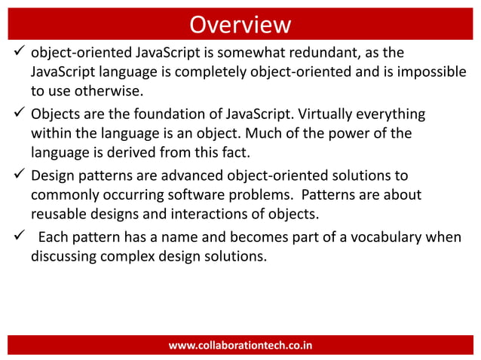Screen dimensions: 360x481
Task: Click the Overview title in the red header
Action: click(240, 24)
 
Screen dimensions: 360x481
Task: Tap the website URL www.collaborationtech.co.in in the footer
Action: click(240, 346)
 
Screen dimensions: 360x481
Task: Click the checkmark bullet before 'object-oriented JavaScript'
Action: click(16, 53)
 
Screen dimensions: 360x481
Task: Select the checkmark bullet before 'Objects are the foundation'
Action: click(16, 114)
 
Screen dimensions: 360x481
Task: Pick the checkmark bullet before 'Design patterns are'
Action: click(16, 176)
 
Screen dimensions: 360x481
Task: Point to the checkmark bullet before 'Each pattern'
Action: click(16, 238)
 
